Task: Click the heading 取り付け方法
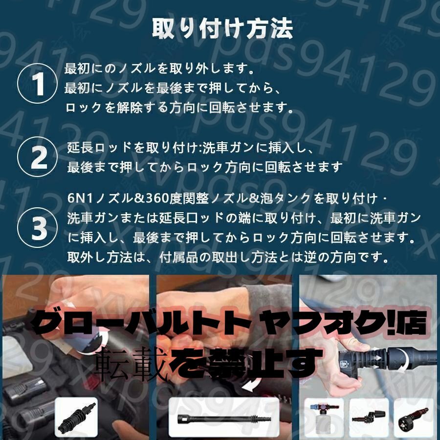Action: click(x=222, y=28)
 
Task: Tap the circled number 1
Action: click(x=38, y=84)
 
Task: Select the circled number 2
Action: click(x=38, y=156)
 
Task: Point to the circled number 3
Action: click(x=38, y=227)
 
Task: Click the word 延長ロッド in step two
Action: click(x=100, y=148)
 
